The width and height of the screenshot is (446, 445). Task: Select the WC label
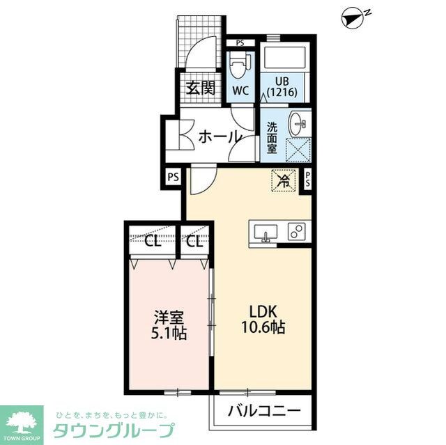[x=240, y=91]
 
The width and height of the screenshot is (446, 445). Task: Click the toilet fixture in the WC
[x=238, y=67]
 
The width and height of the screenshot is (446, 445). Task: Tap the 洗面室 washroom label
[x=272, y=138]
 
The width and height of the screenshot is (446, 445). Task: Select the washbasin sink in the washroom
[x=299, y=126]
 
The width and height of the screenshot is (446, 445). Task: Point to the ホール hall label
[x=220, y=136]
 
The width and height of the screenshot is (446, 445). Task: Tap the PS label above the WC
[x=240, y=42]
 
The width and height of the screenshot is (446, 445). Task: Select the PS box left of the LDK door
[x=173, y=177]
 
